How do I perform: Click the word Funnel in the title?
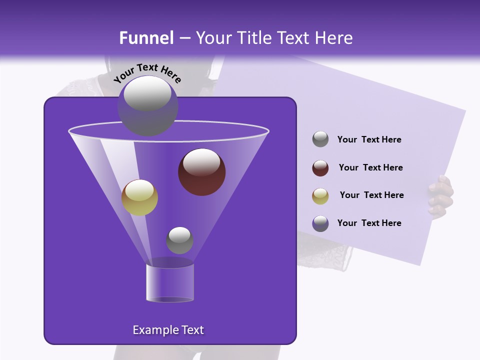146,38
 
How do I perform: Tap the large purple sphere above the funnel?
147,105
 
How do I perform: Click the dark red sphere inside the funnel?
201,172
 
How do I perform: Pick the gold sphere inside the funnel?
139,197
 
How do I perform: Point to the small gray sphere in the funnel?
179,240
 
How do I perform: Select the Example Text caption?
168,330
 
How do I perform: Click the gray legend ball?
320,139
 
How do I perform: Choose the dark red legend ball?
320,168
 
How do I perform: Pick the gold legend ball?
320,195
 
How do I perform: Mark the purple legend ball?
320,223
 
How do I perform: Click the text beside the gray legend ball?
369,140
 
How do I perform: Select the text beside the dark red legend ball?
370,168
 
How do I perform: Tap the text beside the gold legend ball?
371,195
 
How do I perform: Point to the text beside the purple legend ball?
369,223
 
